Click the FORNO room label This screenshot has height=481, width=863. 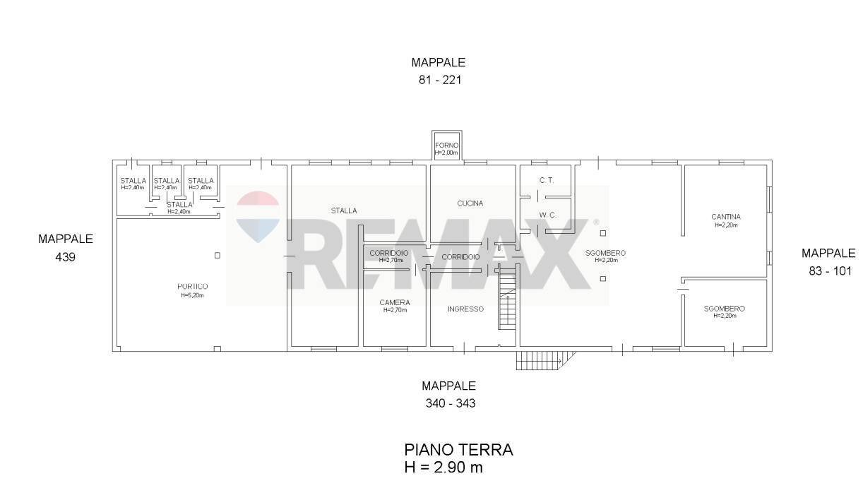pos(446,146)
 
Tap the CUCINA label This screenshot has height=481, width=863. pos(470,203)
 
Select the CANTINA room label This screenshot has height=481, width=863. pos(726,217)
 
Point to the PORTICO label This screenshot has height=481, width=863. pos(192,287)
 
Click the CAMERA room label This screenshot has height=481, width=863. pos(395,303)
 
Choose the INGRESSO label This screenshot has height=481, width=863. pos(465,309)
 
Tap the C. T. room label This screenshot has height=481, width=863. pos(546,181)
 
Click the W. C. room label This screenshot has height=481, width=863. pos(546,215)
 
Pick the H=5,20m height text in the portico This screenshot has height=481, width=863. pos(192,295)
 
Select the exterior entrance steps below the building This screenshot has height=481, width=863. pos(538,361)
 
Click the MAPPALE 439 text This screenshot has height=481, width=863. pos(65,248)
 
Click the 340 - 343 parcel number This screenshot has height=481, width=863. pos(449,403)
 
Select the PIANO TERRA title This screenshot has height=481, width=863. pos(458,450)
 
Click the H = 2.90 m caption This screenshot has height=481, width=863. pos(444,467)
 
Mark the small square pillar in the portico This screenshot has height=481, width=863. pos(218,255)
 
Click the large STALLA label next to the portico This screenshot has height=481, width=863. pos(344,210)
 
